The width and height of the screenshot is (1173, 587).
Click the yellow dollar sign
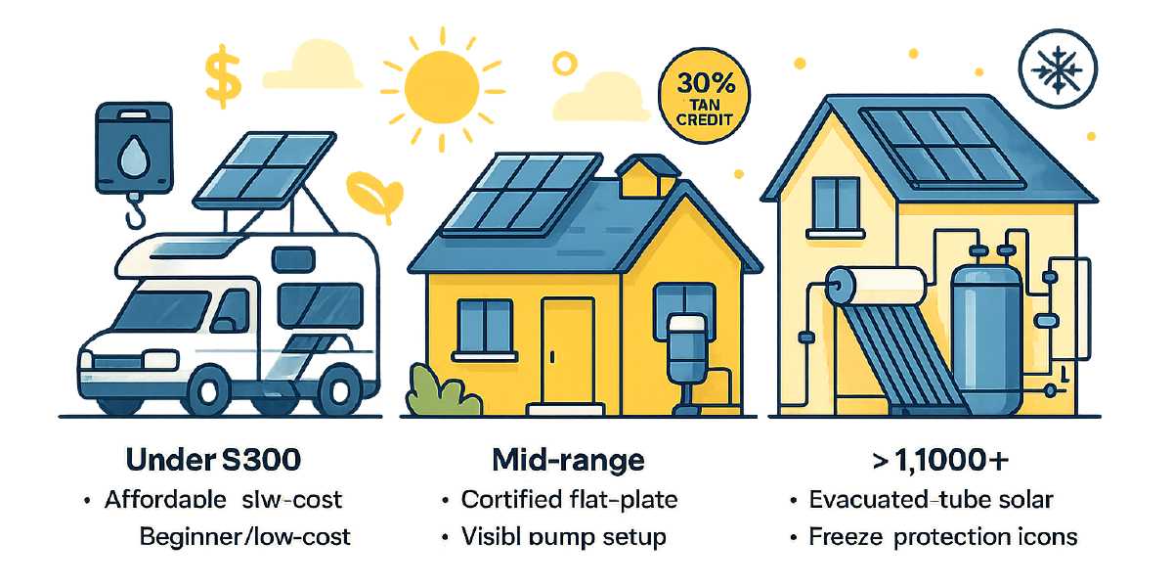point(222,80)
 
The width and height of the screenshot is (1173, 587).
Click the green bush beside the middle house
point(443,390)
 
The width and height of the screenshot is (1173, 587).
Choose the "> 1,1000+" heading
point(929,461)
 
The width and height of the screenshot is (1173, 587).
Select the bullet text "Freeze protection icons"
point(942,536)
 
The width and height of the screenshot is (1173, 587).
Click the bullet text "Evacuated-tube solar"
point(931,500)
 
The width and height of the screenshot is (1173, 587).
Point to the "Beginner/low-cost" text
point(244,536)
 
